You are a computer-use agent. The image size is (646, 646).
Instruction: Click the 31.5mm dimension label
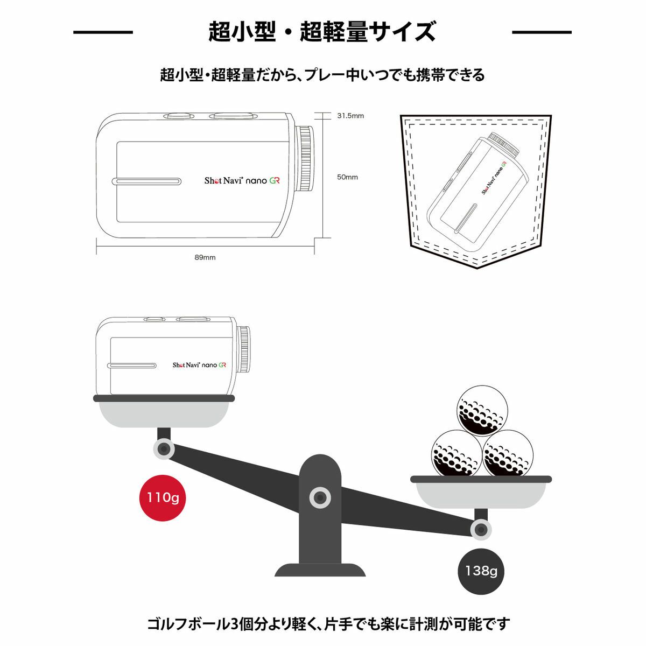350,116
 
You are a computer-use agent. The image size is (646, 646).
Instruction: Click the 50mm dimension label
347,177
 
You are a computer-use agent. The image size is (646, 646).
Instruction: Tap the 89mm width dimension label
205,257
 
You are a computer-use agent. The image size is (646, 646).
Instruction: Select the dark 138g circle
481,571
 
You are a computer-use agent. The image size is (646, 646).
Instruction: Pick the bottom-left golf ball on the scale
457,453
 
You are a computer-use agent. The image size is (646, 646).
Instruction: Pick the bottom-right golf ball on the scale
508,453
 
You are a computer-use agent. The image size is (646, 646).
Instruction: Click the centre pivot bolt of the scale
320,497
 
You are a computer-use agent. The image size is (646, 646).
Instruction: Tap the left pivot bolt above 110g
163,448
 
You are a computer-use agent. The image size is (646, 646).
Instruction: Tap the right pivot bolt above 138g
481,530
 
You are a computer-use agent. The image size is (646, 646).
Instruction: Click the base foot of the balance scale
320,570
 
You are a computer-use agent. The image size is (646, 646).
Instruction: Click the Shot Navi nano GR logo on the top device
242,181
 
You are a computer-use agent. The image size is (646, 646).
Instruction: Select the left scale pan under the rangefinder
164,412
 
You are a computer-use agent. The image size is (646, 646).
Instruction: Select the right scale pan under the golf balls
481,492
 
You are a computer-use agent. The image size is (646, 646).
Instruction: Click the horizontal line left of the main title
103,32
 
